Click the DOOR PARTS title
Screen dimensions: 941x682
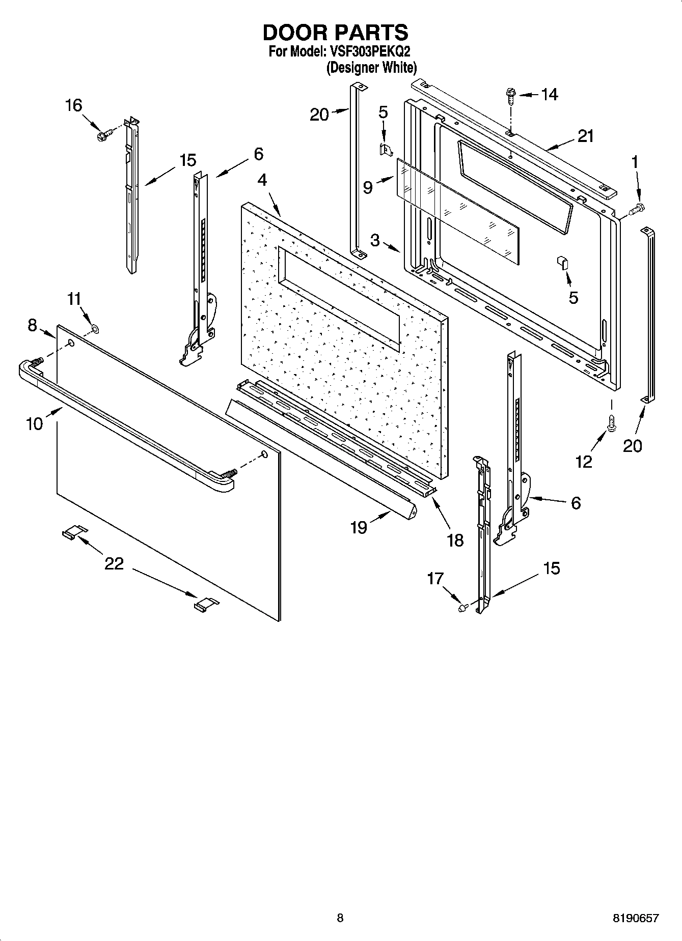335,33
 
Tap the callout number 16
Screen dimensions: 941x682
73,105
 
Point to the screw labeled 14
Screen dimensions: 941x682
510,95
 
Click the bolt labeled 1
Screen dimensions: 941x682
637,208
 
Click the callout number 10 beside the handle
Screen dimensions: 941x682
34,423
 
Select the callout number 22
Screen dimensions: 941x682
114,563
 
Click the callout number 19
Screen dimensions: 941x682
359,527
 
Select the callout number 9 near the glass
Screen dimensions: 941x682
368,188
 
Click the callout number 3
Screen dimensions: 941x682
375,240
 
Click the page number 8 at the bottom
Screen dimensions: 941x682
340,918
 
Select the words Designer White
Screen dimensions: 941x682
372,67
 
